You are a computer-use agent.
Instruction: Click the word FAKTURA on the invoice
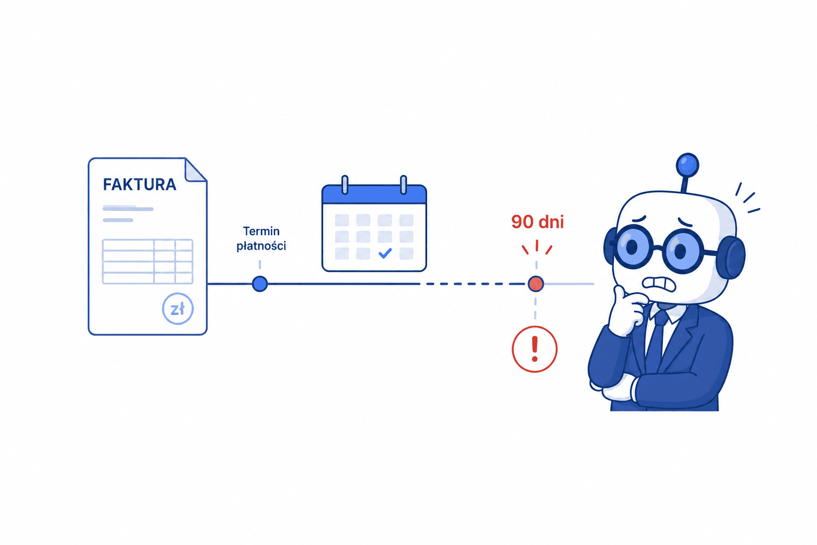140,185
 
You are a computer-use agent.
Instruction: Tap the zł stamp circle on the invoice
178,309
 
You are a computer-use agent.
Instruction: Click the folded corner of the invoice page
196,170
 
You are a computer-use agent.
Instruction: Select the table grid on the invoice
147,261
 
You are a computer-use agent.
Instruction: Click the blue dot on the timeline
260,284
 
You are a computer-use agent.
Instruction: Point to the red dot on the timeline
536,284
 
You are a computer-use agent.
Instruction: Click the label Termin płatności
261,238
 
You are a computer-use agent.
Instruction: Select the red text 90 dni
537,222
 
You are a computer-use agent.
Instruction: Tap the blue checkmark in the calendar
385,253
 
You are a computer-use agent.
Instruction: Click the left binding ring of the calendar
345,185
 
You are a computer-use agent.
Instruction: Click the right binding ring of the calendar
403,185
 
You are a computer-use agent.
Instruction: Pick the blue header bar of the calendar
374,195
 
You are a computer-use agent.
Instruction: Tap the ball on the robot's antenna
687,166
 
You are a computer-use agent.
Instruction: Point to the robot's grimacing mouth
659,284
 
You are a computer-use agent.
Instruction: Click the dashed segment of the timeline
474,284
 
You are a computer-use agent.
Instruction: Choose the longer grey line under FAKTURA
128,209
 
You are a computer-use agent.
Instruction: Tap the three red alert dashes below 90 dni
537,247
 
